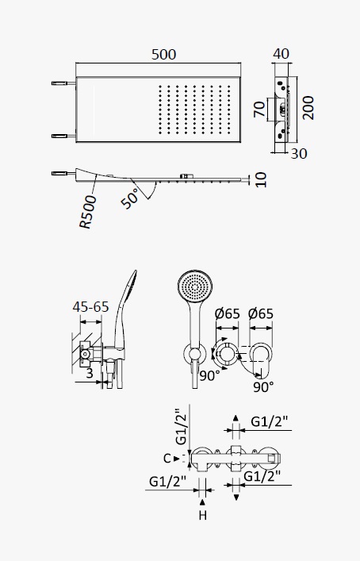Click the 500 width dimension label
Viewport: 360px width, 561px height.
point(163,55)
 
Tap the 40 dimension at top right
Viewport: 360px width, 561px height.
point(281,54)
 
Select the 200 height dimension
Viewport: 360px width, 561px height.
point(308,108)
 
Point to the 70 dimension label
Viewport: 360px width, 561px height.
point(260,109)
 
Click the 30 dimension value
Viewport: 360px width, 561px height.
point(299,153)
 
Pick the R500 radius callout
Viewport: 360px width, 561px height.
point(88,212)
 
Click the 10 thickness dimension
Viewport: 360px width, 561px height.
point(261,179)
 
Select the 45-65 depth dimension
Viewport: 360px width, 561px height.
point(90,306)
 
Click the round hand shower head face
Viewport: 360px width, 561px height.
point(195,287)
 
